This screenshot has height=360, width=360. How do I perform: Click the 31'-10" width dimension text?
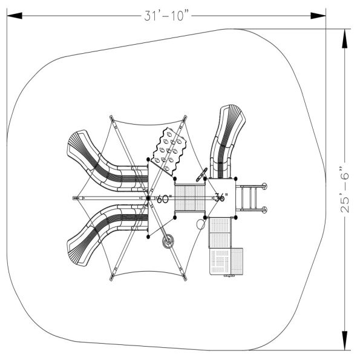(168, 16)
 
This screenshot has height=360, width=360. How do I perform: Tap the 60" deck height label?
(164, 199)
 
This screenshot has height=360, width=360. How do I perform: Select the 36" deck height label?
(221, 197)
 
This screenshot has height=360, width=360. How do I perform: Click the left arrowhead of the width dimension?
(15, 16)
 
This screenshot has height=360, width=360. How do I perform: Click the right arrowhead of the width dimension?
(318, 16)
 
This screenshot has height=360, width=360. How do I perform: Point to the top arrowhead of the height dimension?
(344, 39)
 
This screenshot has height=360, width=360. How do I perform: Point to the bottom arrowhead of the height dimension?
(344, 341)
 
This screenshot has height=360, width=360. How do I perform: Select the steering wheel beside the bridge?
(201, 175)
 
